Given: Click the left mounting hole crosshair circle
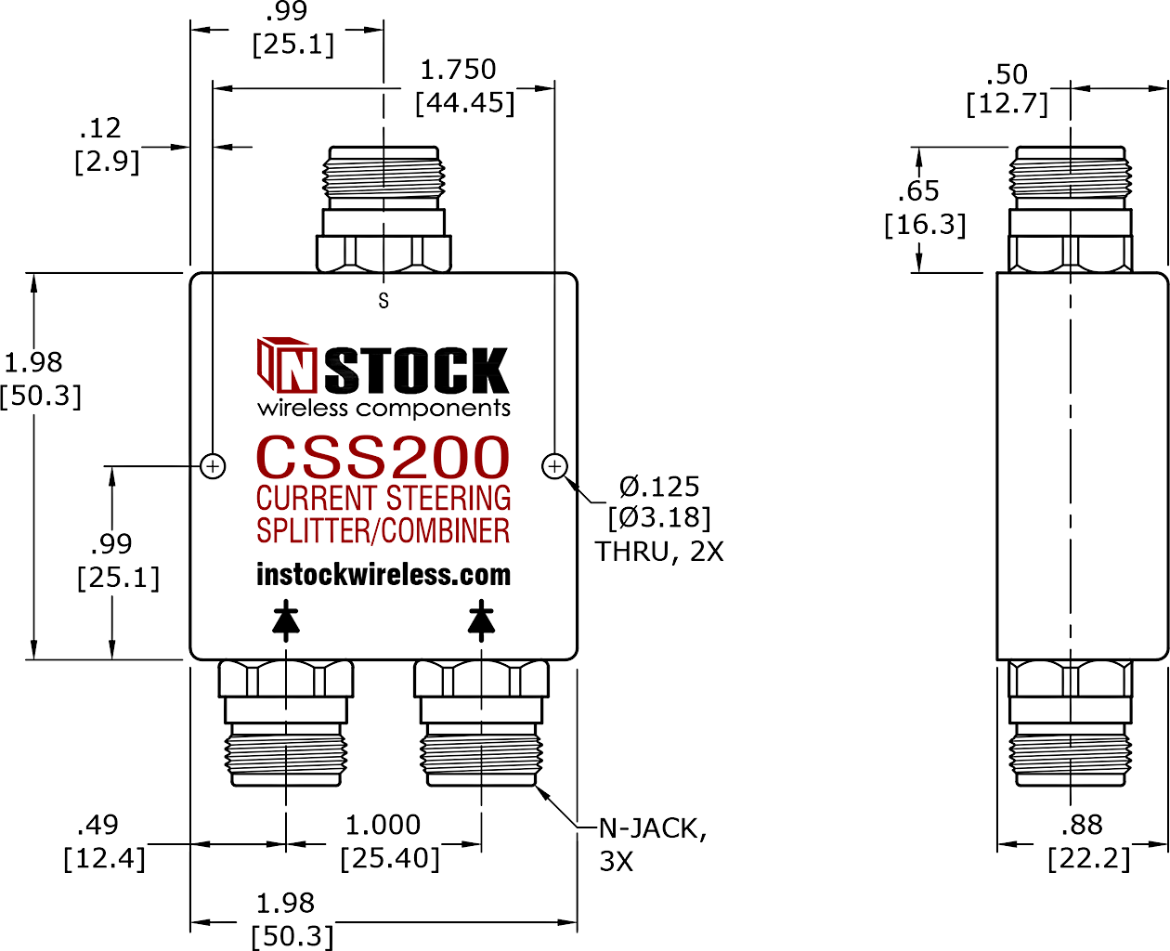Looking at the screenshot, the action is click(214, 466).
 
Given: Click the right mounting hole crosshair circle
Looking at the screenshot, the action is click(554, 466).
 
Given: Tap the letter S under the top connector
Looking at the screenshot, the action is click(383, 301).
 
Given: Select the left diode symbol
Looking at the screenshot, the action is click(286, 620).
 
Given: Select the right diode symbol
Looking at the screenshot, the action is click(481, 620).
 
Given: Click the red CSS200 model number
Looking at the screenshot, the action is click(383, 457).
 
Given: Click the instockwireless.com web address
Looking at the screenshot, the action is click(383, 575).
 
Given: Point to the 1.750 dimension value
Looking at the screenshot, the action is click(458, 70).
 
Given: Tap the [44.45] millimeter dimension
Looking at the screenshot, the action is click(464, 103).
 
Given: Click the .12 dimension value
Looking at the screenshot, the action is click(100, 128).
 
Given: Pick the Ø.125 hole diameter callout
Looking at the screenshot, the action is click(659, 487).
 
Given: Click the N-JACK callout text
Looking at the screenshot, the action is click(653, 828).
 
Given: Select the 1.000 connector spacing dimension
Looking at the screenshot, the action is click(383, 825).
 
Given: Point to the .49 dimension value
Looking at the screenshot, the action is click(97, 825).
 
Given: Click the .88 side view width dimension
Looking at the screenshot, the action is click(1082, 825).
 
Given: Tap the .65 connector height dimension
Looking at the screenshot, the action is click(919, 190).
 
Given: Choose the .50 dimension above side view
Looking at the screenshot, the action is click(1007, 74).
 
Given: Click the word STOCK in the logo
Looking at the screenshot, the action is click(416, 370).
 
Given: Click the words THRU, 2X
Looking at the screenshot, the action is click(659, 552).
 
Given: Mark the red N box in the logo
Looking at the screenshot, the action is click(296, 371).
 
